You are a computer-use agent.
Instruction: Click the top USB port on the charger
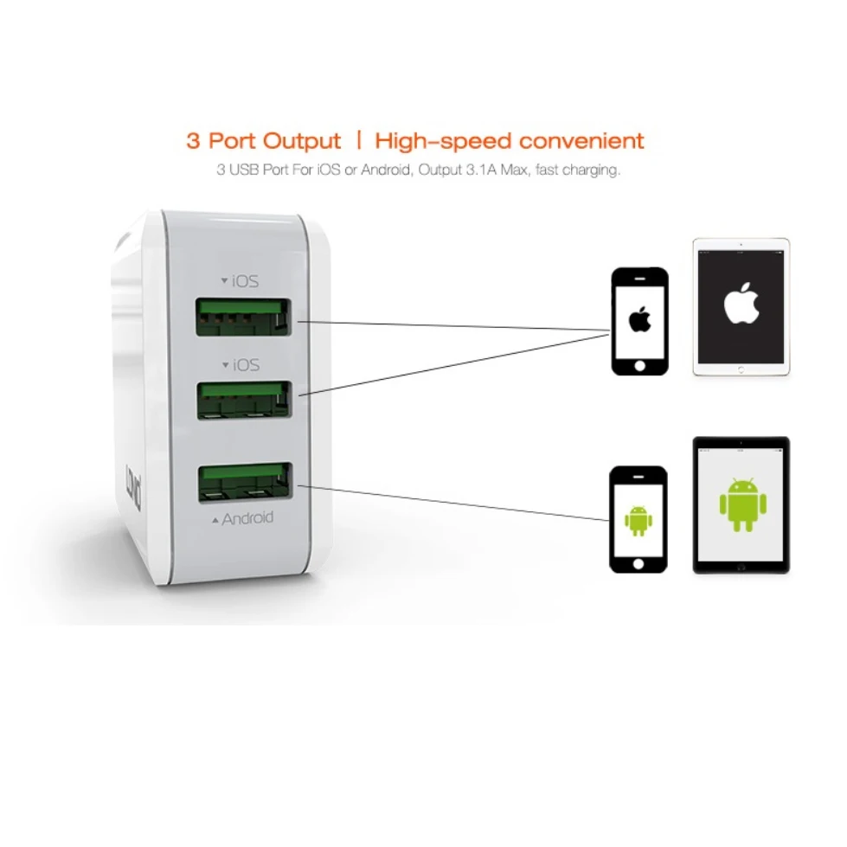pos(243,318)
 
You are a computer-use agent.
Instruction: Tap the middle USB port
pos(243,400)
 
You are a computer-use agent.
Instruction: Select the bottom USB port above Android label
pos(243,483)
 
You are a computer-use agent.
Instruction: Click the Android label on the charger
pos(247,519)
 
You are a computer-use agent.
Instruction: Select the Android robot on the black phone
pos(638,519)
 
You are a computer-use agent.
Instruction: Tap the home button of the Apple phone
pos(639,364)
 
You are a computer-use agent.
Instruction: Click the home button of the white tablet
pos(741,369)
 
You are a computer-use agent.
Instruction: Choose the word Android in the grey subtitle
pos(386,170)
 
